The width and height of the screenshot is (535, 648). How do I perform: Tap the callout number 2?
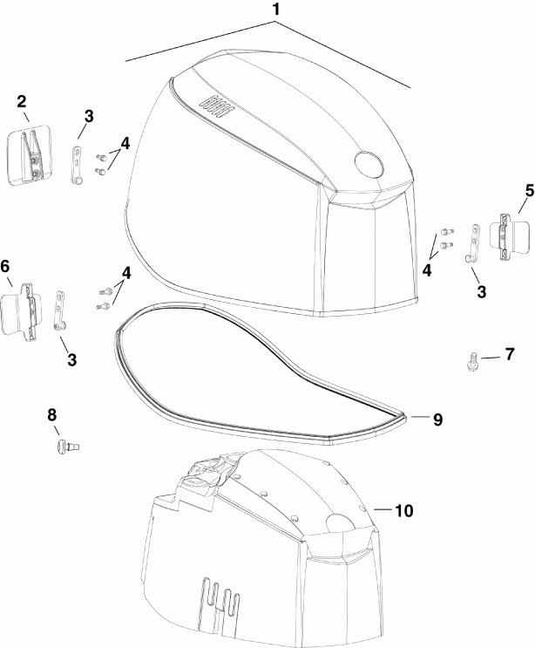point(23,102)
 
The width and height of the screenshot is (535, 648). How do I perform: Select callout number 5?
point(529,189)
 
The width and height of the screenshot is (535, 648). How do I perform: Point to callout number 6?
point(6,266)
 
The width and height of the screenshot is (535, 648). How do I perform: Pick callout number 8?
point(51,414)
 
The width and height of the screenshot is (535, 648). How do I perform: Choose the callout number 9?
point(437,419)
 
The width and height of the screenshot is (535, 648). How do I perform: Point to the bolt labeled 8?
point(63,446)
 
